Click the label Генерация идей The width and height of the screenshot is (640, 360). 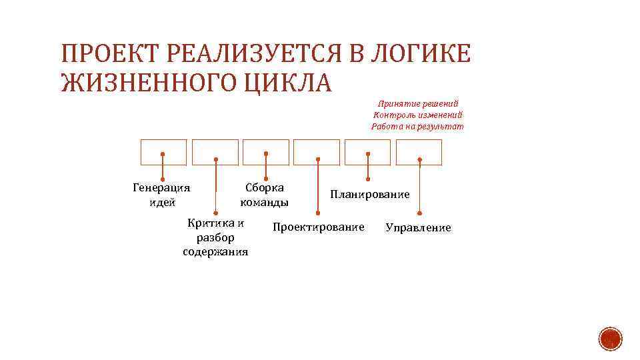click(x=162, y=195)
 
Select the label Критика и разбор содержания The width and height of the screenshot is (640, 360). click(x=215, y=237)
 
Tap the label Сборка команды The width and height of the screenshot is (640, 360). click(x=265, y=195)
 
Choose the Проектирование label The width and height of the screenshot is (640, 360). click(x=319, y=227)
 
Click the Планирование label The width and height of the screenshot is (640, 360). click(x=370, y=194)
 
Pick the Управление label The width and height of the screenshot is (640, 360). click(x=418, y=228)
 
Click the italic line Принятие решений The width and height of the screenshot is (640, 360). click(x=418, y=104)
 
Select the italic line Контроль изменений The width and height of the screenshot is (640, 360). click(x=418, y=115)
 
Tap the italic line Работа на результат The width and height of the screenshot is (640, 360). click(x=417, y=127)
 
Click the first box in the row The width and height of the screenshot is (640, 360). click(x=163, y=152)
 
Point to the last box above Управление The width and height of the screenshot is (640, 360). click(x=419, y=152)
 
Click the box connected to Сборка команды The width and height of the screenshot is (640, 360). click(x=266, y=152)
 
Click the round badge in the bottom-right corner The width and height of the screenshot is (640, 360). click(x=609, y=339)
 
